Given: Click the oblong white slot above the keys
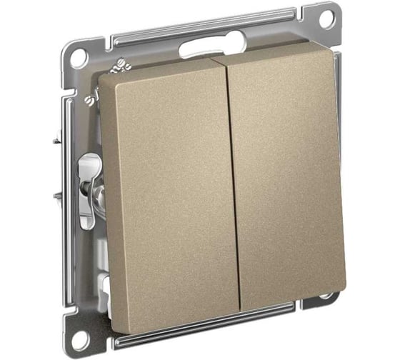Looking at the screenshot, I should pos(202,49).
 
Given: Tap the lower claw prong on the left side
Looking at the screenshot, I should pos(57,194).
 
